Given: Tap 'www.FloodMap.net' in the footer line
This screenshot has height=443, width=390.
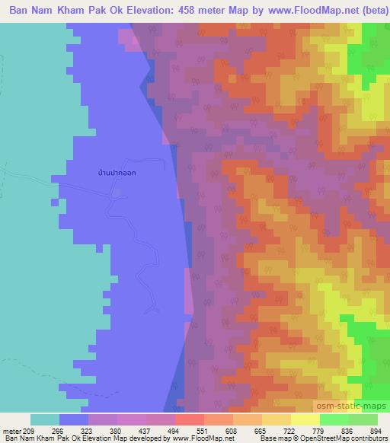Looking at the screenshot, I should [203, 438].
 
